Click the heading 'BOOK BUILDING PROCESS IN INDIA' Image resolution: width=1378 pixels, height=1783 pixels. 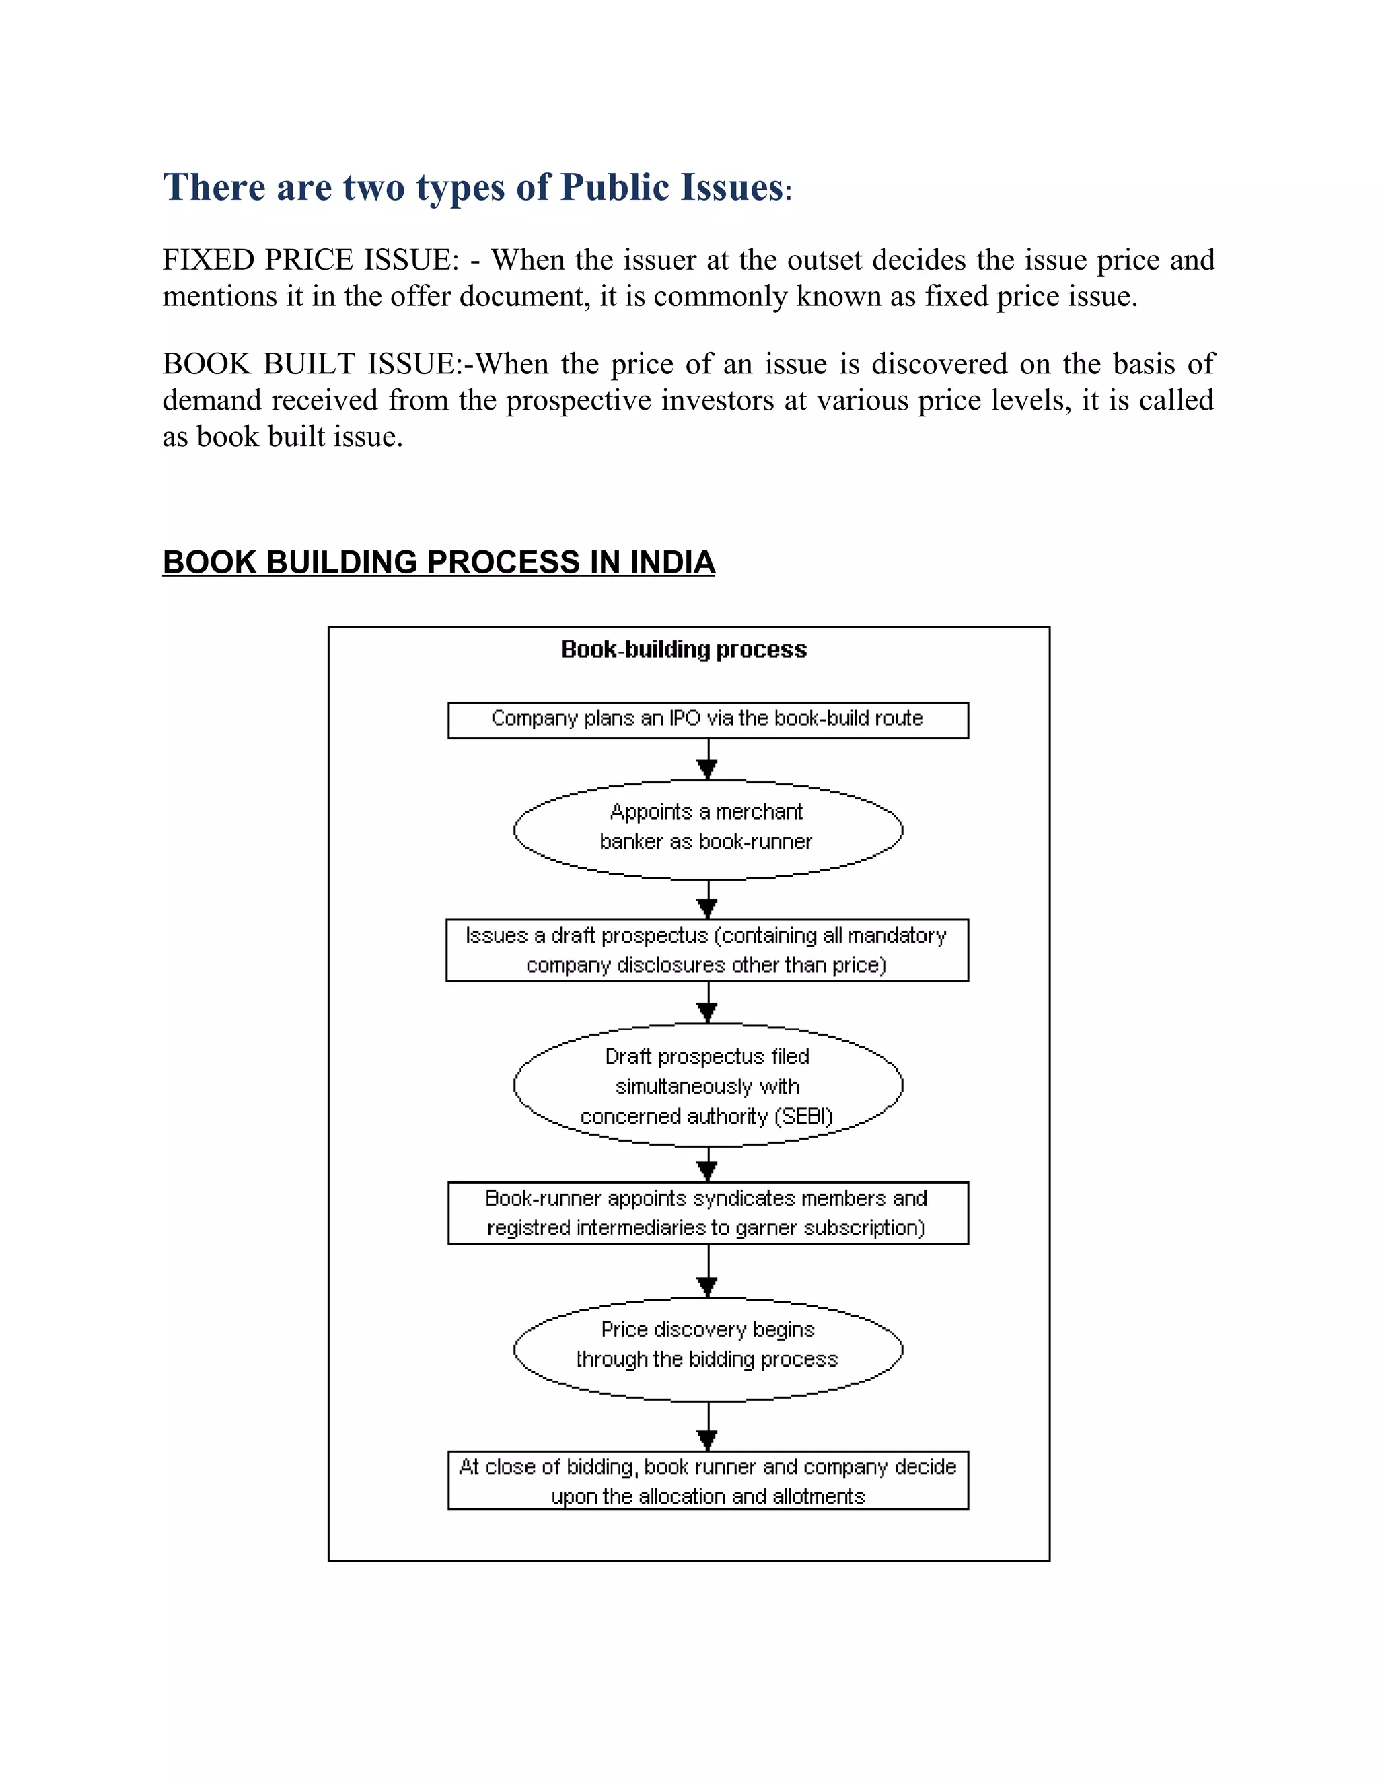click(x=439, y=562)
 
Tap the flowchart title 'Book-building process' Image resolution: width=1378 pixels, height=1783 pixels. click(x=684, y=649)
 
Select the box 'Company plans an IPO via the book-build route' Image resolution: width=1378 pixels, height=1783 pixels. click(x=707, y=719)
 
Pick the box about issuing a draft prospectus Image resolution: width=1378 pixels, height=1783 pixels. click(x=707, y=950)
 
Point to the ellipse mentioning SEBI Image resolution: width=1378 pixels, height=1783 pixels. click(x=707, y=1086)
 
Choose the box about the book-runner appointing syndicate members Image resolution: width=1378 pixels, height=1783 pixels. click(x=707, y=1213)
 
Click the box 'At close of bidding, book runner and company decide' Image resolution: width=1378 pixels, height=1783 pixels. click(x=707, y=1481)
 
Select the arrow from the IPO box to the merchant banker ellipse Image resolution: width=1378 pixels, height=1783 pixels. click(x=708, y=759)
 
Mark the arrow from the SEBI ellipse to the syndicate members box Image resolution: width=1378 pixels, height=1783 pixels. click(x=708, y=1164)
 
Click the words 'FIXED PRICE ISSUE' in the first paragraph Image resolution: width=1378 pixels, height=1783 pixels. click(x=310, y=260)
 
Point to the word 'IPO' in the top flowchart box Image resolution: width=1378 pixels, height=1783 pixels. click(x=685, y=719)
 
